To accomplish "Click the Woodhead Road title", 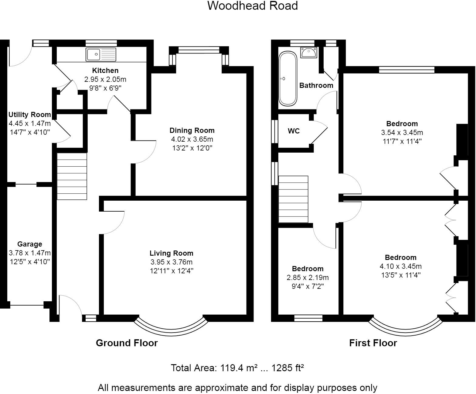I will pos(252,6).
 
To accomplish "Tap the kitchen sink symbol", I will pos(101,54).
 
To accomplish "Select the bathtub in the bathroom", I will pos(287,78).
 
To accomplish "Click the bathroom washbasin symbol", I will pos(309,52).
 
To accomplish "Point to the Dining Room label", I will pos(192,130).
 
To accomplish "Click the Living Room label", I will pos(171,253).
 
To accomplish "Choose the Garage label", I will pos(29,244).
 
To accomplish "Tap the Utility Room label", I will pos(29,115).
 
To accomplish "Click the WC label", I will pos(294,131).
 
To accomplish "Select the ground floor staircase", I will pos(72,176).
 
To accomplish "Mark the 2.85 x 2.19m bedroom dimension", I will pos(308,278).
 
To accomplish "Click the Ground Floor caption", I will pos(127,343).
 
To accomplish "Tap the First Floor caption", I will pos(373,343).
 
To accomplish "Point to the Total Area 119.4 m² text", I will pos(237,368).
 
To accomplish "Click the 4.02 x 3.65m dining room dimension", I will pos(192,139).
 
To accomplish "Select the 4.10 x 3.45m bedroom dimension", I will pos(400,266).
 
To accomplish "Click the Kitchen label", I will pos(105,71).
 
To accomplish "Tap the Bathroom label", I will pos(316,85).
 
